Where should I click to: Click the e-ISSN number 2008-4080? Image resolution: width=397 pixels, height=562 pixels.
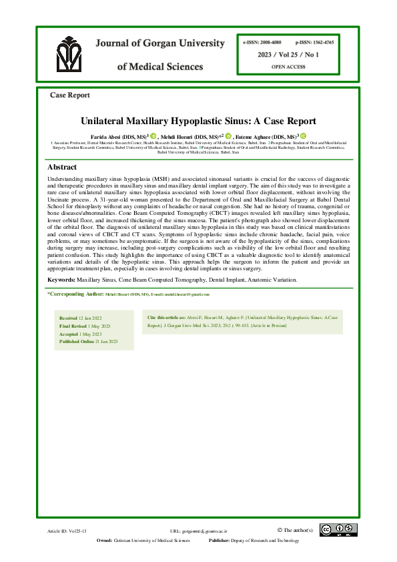click(x=263, y=41)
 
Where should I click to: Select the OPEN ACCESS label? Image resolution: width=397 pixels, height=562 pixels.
click(x=289, y=67)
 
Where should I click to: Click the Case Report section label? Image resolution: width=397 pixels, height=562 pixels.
click(x=70, y=95)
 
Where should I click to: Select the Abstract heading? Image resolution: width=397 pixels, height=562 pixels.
click(x=62, y=167)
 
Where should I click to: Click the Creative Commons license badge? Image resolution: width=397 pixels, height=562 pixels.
click(x=338, y=530)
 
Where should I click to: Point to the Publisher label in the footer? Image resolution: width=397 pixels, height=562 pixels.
click(x=220, y=540)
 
